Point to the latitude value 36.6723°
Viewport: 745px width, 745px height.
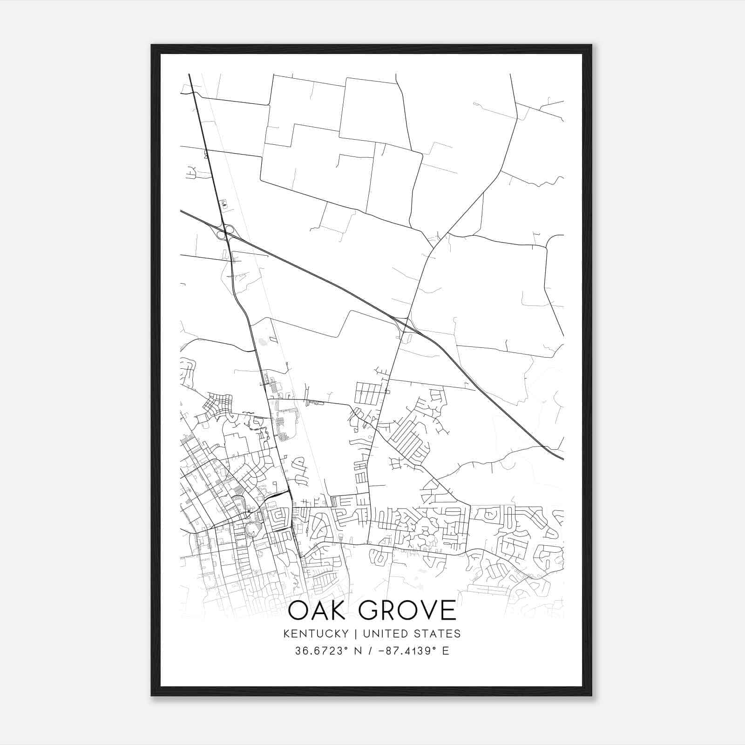[321, 651]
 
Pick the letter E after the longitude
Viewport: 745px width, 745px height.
[446, 651]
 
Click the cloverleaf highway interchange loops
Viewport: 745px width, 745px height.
[226, 231]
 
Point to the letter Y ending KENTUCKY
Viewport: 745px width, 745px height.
[345, 634]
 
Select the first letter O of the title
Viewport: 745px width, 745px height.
[298, 610]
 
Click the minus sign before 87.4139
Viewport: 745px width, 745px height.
[383, 651]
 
